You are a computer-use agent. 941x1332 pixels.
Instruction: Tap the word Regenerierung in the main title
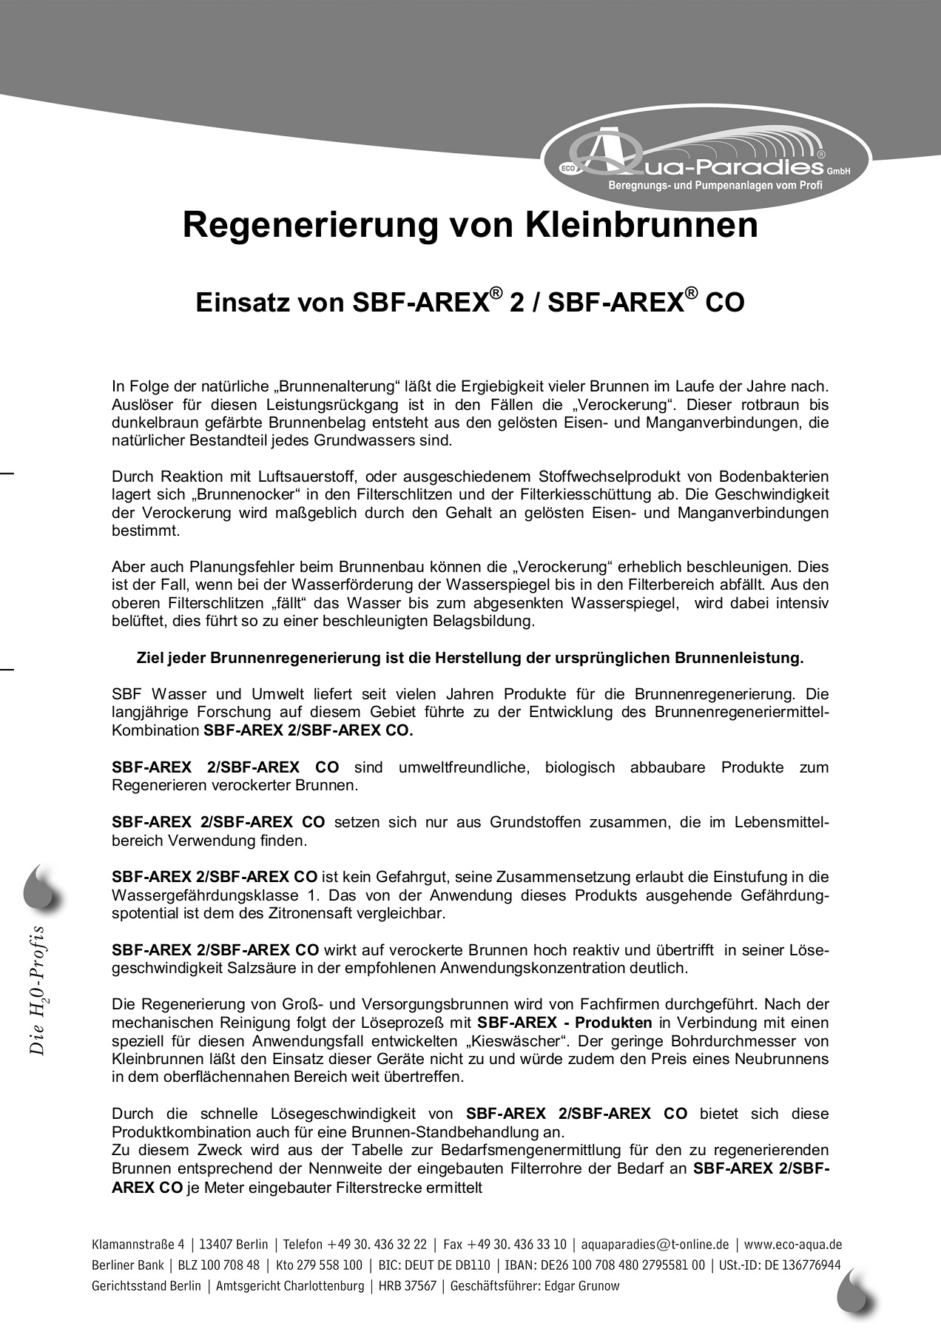pos(310,225)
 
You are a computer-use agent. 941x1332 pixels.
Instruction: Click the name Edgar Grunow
pos(581,1285)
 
